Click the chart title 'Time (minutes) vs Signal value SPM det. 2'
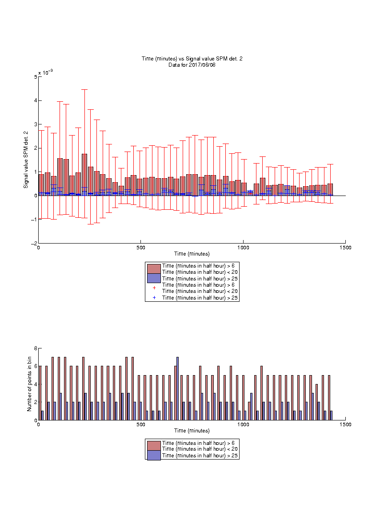(x=192, y=59)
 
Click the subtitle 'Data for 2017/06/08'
(x=192, y=65)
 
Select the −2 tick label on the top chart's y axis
(x=34, y=244)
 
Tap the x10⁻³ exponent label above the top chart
(x=45, y=72)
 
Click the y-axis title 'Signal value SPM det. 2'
(x=26, y=160)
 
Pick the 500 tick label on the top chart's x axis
(x=141, y=248)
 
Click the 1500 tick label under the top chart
(x=345, y=248)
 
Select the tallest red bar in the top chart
(x=84, y=175)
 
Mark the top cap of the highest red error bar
(x=84, y=89)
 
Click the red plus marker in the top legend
(x=154, y=288)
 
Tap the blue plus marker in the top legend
(x=154, y=297)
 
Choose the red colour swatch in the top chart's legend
(x=154, y=269)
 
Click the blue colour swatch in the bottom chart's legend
(x=154, y=455)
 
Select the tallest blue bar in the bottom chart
(x=177, y=388)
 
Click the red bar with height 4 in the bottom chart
(x=316, y=402)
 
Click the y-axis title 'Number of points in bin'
(x=29, y=384)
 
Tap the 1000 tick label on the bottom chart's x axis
(x=243, y=424)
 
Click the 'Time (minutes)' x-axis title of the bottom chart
(x=192, y=431)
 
